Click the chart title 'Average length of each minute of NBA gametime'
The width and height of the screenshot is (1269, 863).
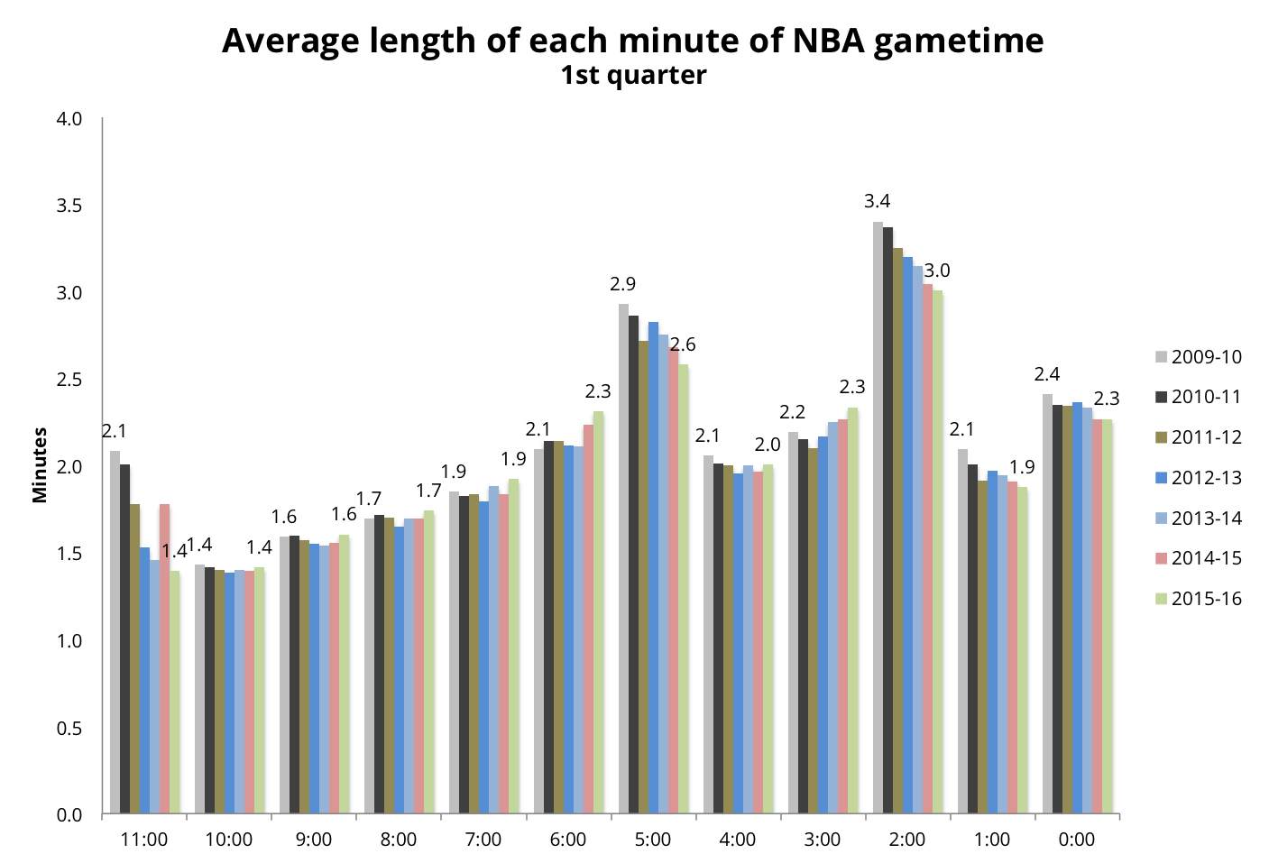[x=633, y=41]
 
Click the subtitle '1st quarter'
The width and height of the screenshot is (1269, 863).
[x=633, y=76]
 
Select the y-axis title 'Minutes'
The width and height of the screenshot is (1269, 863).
[x=40, y=465]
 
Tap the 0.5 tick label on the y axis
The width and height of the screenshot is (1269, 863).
[x=69, y=729]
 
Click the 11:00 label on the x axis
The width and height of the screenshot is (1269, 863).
[x=144, y=840]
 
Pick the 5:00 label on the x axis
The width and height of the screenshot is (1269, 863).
[x=653, y=840]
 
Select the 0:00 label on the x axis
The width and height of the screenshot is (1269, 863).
[x=1077, y=840]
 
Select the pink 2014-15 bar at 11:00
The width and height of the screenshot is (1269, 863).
[x=164, y=659]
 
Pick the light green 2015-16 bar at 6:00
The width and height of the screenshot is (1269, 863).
[x=598, y=613]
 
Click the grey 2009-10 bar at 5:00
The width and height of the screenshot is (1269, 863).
[x=623, y=559]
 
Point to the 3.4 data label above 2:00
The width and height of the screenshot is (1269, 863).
[x=878, y=201]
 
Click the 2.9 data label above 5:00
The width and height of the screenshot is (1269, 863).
[x=622, y=284]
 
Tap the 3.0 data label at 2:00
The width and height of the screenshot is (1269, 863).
[x=937, y=271]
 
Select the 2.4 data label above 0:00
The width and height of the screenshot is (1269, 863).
[x=1047, y=374]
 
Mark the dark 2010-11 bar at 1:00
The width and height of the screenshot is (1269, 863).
[x=972, y=639]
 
